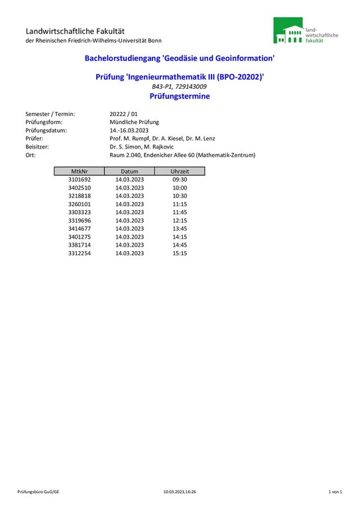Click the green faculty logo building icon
click(289, 31)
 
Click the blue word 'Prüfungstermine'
click(180, 96)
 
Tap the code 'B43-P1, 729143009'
click(180, 87)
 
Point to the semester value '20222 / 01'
click(124, 114)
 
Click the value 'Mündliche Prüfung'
click(135, 123)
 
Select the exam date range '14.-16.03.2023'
click(129, 131)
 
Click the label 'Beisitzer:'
click(38, 147)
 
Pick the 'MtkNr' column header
click(80, 171)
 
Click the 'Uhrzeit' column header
click(180, 171)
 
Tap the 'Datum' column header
click(129, 171)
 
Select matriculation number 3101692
click(80, 180)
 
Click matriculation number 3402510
click(80, 188)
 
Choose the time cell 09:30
click(180, 180)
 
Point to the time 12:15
click(180, 220)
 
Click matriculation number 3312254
click(80, 253)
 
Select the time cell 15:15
click(180, 253)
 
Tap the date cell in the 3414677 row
click(129, 229)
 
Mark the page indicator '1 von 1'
click(335, 492)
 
